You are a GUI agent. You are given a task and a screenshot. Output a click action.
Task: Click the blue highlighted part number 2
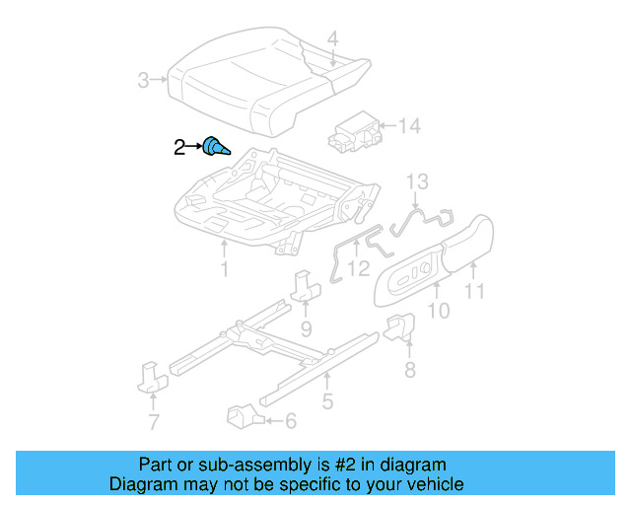pyautogui.click(x=215, y=148)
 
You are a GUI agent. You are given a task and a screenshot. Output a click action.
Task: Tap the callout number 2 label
pyautogui.click(x=178, y=148)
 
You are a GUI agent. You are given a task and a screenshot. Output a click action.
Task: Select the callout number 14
pyautogui.click(x=409, y=126)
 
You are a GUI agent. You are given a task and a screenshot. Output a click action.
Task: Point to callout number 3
pyautogui.click(x=144, y=80)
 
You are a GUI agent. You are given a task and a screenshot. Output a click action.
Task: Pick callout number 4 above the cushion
pyautogui.click(x=333, y=39)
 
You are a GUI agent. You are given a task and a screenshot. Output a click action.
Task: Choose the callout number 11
pyautogui.click(x=475, y=291)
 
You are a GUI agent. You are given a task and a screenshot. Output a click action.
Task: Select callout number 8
pyautogui.click(x=409, y=370)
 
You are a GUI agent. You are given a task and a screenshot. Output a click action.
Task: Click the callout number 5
pyautogui.click(x=327, y=400)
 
